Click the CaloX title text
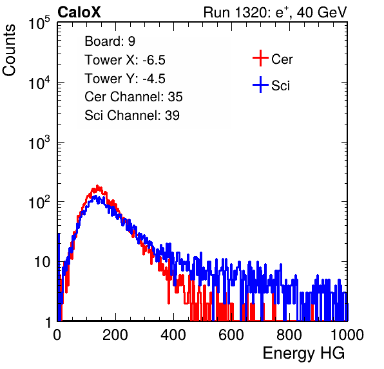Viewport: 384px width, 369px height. coord(79,12)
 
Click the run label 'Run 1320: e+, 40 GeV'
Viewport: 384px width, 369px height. coord(275,12)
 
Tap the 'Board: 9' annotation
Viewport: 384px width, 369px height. coord(110,41)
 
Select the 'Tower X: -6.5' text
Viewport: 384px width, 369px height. coord(125,60)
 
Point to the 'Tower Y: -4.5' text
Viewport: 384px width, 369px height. coord(125,79)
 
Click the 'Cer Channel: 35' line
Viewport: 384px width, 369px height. coord(133,97)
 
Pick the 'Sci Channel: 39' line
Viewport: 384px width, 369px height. coord(132,115)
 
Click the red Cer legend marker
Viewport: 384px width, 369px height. coord(260,58)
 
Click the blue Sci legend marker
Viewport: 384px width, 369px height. coord(260,85)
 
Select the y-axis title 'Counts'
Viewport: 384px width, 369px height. coord(9,50)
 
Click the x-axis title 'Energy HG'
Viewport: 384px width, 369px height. coord(303,353)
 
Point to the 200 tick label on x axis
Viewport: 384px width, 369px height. coord(115,335)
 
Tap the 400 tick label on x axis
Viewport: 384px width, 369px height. coord(173,335)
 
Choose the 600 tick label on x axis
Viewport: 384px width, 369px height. coord(231,335)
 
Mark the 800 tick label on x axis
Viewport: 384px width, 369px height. coord(289,335)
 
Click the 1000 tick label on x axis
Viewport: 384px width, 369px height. coord(347,335)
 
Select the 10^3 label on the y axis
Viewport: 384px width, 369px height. coord(39,143)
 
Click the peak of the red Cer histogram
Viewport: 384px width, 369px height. coord(97,186)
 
